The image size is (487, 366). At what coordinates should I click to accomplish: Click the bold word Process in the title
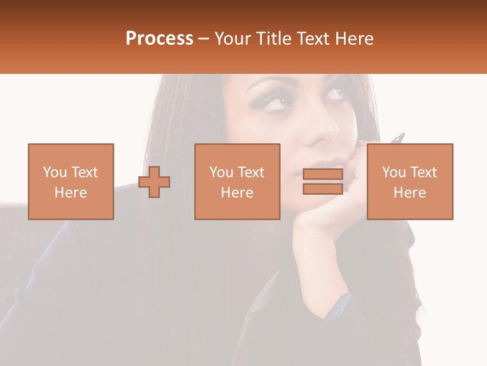coord(159,39)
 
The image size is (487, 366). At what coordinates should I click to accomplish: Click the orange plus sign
coord(154,182)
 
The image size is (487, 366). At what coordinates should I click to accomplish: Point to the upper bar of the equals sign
coord(323,174)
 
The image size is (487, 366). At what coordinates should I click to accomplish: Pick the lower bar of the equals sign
coord(323,189)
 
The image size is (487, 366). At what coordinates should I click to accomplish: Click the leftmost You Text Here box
coord(71,181)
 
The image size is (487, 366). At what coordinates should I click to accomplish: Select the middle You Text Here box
coord(237,181)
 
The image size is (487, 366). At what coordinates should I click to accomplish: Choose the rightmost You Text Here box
coord(409,181)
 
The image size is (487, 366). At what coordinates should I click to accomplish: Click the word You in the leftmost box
coord(54,172)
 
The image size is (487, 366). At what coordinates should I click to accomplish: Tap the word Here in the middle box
coord(237,193)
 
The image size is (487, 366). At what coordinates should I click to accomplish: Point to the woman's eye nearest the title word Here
coord(334,94)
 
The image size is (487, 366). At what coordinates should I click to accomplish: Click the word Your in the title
coord(232,39)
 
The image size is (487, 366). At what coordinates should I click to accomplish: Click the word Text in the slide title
coord(312,39)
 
